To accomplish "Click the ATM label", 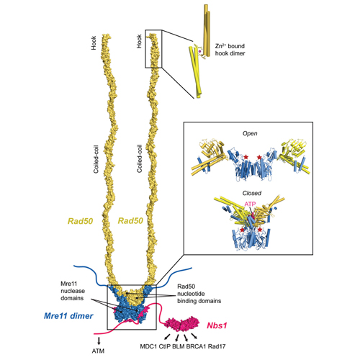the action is point(98,351).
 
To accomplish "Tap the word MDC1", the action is point(148,346).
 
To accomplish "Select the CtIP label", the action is point(164,346).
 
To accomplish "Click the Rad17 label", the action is point(217,346).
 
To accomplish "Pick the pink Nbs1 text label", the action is point(217,325).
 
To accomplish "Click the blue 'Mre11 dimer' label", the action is point(68,316).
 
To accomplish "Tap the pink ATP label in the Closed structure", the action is point(250,204).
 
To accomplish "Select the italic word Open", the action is point(250,133).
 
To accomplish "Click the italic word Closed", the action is point(252,193).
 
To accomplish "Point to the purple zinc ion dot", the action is point(199,51).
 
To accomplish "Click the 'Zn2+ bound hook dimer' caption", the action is point(230,50).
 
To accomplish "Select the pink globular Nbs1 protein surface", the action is point(182,323).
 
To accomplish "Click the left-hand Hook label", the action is point(94,43).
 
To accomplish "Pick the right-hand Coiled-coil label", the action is point(140,158).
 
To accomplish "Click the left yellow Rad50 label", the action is point(80,221).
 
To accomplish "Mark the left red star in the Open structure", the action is point(246,157).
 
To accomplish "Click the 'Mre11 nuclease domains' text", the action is point(73,291).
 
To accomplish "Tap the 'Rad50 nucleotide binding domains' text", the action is point(199,294).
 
